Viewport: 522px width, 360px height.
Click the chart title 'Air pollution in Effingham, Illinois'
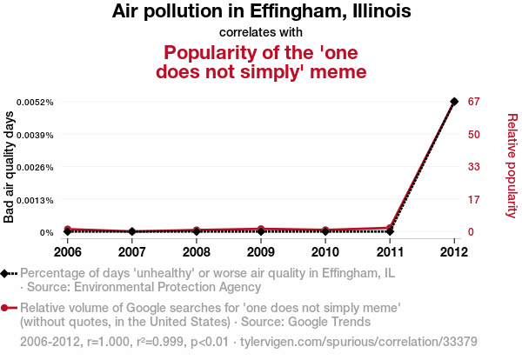261,12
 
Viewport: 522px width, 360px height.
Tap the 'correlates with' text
261,32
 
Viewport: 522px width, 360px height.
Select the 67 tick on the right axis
474,102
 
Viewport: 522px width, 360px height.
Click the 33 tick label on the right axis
474,167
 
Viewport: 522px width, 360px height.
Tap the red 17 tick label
474,200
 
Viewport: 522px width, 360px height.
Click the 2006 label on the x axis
67,252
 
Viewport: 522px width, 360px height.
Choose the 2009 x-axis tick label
261,252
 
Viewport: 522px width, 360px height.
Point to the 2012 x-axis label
454,252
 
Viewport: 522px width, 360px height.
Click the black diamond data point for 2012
454,102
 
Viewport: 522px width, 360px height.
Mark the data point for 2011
390,231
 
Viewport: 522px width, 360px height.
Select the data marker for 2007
131,231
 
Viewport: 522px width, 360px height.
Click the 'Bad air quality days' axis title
10,167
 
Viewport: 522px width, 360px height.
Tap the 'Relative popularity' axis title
512,165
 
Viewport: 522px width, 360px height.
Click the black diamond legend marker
5,273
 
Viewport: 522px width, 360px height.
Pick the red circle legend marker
5,308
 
